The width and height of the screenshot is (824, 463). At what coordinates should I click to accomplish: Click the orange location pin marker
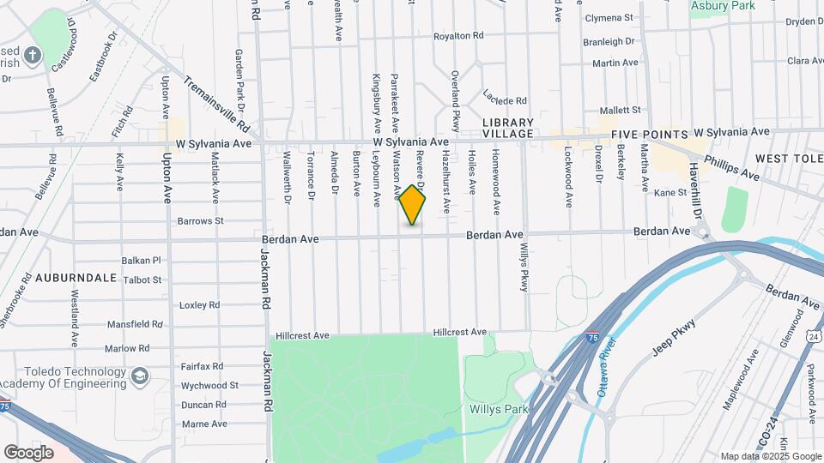point(413,205)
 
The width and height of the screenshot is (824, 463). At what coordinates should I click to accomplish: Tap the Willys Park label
point(491,409)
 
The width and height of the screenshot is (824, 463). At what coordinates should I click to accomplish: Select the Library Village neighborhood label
point(507,129)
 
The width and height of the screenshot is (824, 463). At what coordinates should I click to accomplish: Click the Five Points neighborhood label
point(650,135)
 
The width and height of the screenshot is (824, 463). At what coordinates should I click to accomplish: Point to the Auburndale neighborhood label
point(76,278)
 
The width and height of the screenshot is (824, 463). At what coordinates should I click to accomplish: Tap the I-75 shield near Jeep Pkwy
point(593,338)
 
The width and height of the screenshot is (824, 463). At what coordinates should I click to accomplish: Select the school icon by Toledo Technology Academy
point(140,376)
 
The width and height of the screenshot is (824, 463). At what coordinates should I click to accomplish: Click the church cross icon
point(33,56)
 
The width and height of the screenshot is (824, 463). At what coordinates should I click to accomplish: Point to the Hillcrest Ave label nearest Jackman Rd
point(302,335)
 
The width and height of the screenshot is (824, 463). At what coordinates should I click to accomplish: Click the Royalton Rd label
point(459,36)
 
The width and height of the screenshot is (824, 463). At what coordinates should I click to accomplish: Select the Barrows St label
point(200,220)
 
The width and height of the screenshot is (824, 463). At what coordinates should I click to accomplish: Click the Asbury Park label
point(724,6)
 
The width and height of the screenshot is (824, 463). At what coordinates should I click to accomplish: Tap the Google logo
point(28,452)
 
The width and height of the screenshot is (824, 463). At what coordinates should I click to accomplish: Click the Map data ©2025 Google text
point(770,456)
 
